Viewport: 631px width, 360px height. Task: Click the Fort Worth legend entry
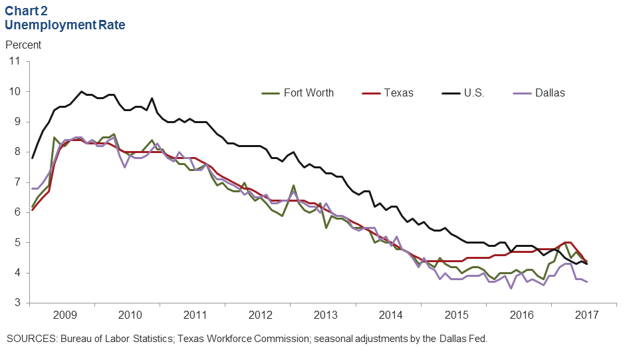pos(309,92)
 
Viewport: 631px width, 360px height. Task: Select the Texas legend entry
pos(398,92)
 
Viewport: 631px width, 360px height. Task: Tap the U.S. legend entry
pos(473,92)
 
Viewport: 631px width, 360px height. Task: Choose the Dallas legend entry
pos(550,92)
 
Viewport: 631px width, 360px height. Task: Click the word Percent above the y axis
pos(23,45)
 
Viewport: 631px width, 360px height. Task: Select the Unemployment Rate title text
pos(65,25)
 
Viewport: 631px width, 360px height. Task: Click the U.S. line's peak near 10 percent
pos(81,91)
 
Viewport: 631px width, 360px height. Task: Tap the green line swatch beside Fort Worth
pos(271,92)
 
